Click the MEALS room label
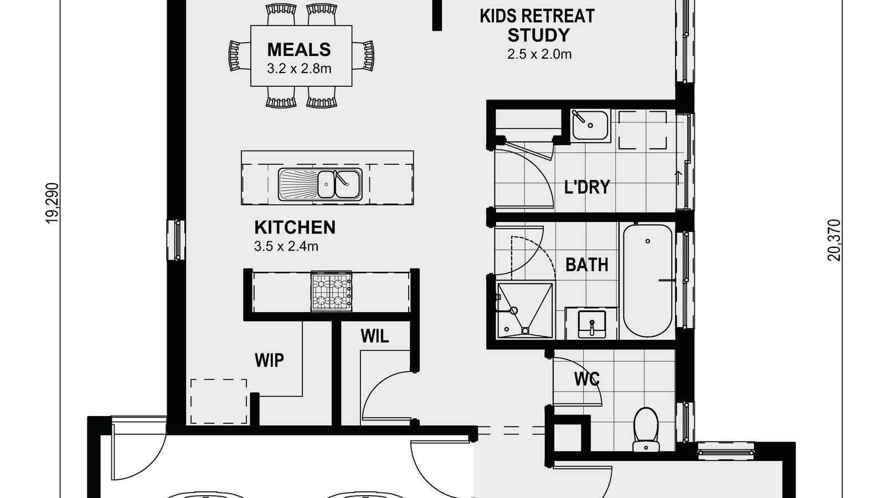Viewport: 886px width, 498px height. tap(298, 50)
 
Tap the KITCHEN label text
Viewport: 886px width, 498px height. tap(295, 227)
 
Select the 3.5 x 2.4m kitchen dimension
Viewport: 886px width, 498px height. tap(286, 246)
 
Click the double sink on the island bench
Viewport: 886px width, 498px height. tap(320, 183)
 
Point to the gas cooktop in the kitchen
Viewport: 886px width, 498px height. tap(332, 292)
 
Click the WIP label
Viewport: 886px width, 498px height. tap(269, 361)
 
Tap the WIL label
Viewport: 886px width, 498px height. tap(374, 335)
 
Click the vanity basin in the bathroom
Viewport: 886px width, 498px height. tap(591, 324)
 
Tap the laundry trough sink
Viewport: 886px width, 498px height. tap(590, 124)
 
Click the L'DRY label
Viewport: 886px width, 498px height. tap(587, 187)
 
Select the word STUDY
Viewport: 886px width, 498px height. tap(538, 35)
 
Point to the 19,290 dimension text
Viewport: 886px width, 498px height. tap(53, 203)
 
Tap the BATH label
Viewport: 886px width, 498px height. tap(586, 265)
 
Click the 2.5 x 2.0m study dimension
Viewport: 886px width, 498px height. tap(539, 54)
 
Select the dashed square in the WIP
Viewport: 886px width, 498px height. tap(219, 401)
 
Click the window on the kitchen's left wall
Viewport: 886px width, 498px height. tap(177, 240)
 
